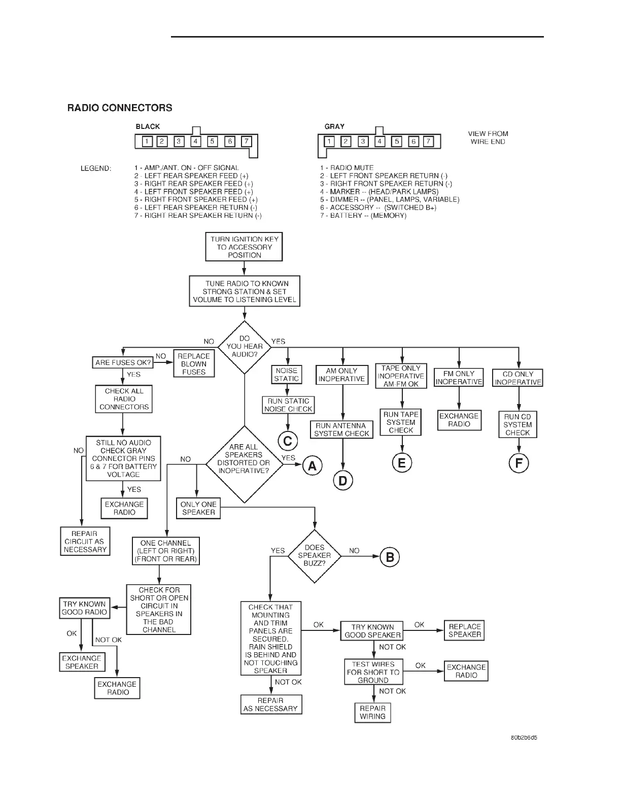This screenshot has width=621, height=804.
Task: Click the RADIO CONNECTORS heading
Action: coord(120,108)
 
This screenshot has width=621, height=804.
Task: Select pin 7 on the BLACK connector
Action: coord(246,142)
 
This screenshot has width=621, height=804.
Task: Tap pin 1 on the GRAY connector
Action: coord(329,142)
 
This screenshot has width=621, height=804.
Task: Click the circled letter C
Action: coord(288,441)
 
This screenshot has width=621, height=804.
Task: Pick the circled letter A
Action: coord(313,465)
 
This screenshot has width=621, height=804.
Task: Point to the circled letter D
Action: coord(343,480)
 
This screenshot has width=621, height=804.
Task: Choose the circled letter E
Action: coord(402,462)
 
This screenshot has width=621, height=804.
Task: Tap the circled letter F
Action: coord(519,463)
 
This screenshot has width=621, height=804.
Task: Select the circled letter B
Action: coord(390,557)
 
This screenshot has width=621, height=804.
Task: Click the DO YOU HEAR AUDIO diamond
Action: coord(245,347)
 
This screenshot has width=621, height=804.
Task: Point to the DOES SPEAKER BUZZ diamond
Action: coord(315,556)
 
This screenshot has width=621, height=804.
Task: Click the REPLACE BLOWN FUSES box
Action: coord(194,364)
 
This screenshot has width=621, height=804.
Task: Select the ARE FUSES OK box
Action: coord(123,362)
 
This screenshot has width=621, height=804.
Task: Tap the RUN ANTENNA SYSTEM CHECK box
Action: coord(342,429)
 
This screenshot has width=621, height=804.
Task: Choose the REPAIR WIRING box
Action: coord(372,712)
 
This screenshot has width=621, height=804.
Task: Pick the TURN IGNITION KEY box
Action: coord(244,247)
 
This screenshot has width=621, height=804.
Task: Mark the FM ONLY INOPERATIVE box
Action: coord(459,378)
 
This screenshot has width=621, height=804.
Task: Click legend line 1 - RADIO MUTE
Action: coord(347,167)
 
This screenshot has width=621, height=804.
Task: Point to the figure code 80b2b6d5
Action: coord(524,738)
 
